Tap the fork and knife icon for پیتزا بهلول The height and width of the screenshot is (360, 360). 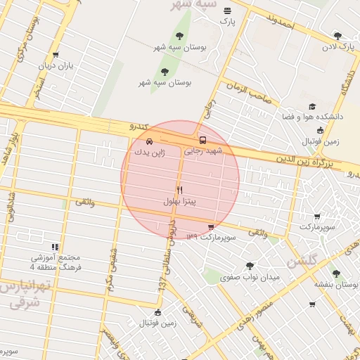click(x=179, y=190)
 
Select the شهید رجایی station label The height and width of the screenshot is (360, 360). click(x=202, y=150)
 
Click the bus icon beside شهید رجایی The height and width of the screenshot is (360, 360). click(x=203, y=139)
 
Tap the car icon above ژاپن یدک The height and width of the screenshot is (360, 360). click(x=148, y=141)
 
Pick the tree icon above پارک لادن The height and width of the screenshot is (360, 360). click(x=337, y=36)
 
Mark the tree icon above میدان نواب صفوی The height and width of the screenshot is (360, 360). click(x=250, y=266)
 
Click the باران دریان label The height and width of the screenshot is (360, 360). click(x=56, y=65)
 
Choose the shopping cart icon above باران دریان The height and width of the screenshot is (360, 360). click(x=56, y=54)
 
